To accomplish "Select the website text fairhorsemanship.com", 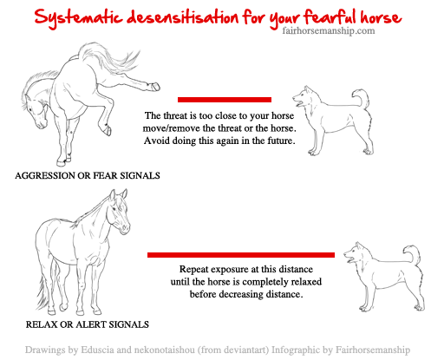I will (x=327, y=31).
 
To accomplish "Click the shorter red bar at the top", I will (x=225, y=99).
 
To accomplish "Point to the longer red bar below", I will (x=240, y=254).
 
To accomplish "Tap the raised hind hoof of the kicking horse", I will (x=154, y=86).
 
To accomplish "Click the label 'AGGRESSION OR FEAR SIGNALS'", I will (x=88, y=175).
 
